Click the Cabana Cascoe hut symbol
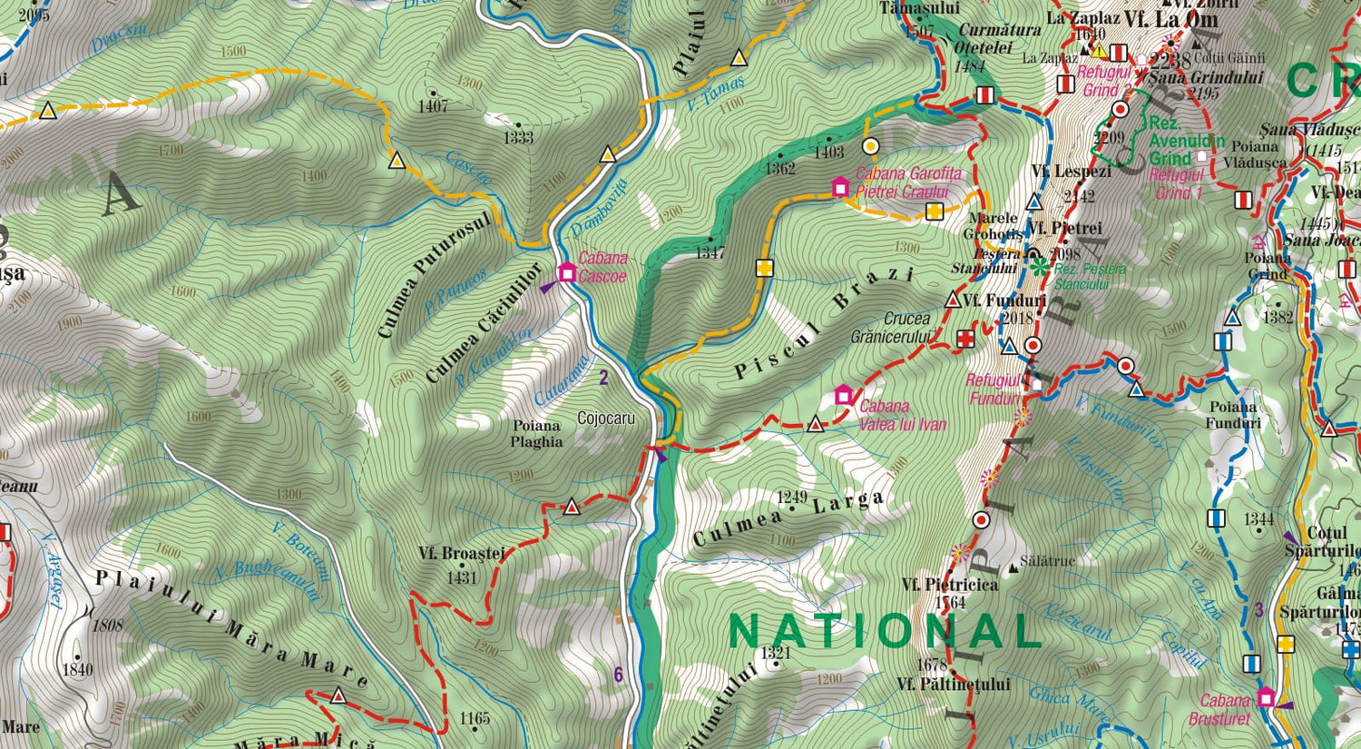click(567, 271)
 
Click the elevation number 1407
click(433, 106)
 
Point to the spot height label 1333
click(518, 138)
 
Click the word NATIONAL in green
click(884, 631)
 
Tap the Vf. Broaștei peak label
click(461, 553)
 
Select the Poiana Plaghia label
click(536, 433)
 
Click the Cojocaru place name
click(606, 419)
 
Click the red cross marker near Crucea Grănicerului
click(966, 340)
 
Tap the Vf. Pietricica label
click(950, 585)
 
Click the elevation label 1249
click(792, 497)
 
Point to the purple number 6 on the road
click(619, 675)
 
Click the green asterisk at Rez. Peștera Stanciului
click(1039, 267)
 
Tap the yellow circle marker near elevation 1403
click(870, 145)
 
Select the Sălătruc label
click(1047, 561)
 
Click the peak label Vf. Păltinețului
click(953, 684)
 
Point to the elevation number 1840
click(77, 669)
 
